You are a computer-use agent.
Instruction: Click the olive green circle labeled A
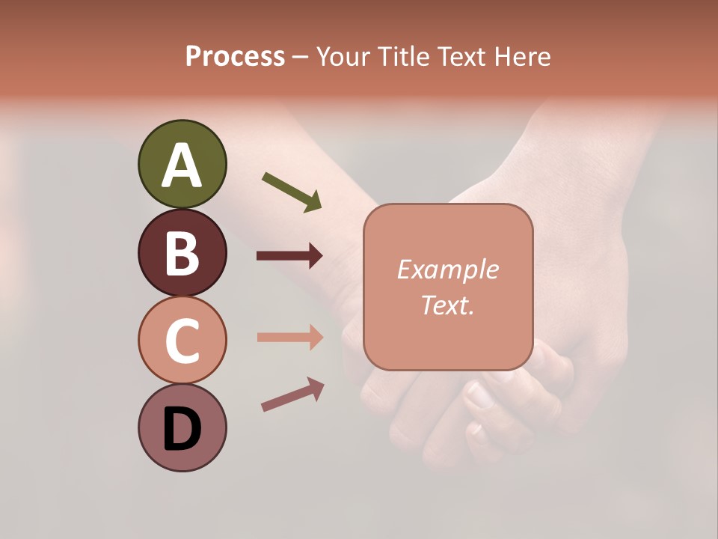[x=182, y=164]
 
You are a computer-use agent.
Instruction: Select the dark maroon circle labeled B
[x=182, y=252]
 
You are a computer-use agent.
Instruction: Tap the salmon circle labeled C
[x=182, y=340]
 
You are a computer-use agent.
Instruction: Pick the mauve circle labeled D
[x=182, y=427]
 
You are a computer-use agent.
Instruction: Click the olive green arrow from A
[x=292, y=192]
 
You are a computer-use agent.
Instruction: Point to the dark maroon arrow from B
[x=289, y=256]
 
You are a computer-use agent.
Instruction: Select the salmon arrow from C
[x=289, y=337]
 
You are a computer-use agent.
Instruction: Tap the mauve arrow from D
[x=292, y=395]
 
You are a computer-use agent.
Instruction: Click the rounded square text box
[x=448, y=287]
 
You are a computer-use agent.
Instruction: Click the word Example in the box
[x=448, y=269]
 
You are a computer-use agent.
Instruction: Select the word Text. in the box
[x=448, y=305]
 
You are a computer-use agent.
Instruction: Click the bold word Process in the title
[x=235, y=56]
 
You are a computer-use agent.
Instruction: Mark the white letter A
[x=182, y=165]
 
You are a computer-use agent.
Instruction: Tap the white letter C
[x=182, y=341]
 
